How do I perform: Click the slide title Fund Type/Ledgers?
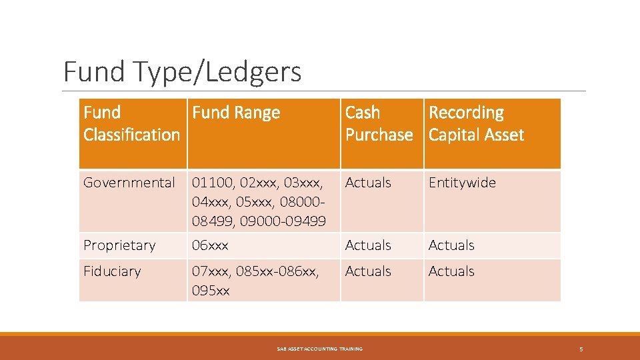(x=182, y=72)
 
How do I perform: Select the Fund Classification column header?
(x=132, y=124)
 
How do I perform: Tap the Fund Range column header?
(x=236, y=113)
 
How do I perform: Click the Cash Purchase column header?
(x=379, y=124)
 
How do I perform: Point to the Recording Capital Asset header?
(x=476, y=124)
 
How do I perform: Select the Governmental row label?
(x=129, y=183)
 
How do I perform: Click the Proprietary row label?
(x=119, y=245)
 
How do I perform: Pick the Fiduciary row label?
(x=112, y=271)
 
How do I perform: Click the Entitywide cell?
(x=462, y=183)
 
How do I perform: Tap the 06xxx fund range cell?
(x=210, y=245)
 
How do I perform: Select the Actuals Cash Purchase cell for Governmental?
(x=368, y=183)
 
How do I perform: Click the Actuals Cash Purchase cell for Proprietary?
(x=368, y=245)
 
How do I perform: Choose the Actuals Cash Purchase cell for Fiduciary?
(x=368, y=271)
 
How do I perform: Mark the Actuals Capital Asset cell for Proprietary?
(x=451, y=245)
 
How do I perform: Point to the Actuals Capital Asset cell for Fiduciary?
(x=451, y=271)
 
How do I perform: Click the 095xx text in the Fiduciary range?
(x=211, y=291)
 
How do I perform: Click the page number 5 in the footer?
(x=581, y=349)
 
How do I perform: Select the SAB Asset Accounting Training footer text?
(x=319, y=349)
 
